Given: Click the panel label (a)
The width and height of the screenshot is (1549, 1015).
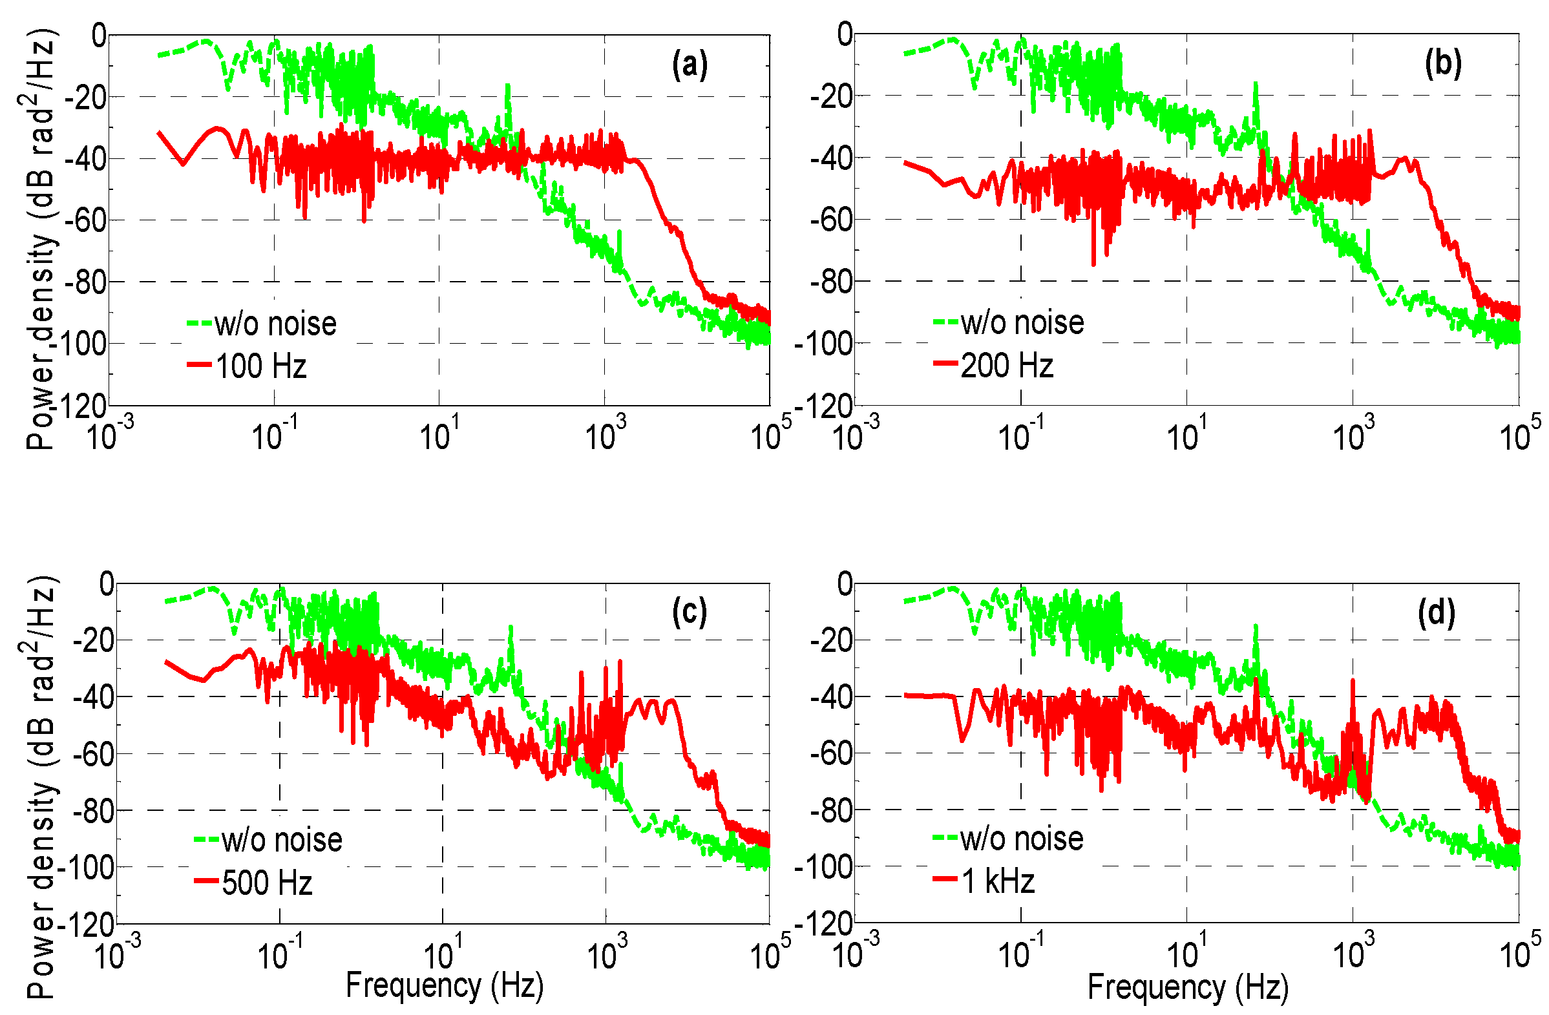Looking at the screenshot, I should [690, 66].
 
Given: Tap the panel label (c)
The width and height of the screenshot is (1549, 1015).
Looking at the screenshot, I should [690, 612].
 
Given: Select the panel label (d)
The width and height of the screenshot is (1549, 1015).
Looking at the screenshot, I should [1436, 614].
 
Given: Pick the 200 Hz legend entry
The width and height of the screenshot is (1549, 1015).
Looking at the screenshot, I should [1006, 366].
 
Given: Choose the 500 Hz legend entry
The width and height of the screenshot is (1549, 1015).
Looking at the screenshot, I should [266, 883].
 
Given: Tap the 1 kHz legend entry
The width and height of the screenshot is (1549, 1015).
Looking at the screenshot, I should [997, 882].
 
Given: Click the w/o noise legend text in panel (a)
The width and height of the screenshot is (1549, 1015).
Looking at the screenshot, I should [275, 324].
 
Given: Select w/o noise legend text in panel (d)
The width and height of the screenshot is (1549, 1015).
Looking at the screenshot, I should [1021, 839].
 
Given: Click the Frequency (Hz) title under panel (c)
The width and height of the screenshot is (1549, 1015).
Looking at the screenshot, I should [445, 985].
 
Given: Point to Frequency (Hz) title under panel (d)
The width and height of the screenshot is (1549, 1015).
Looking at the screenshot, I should [1188, 987].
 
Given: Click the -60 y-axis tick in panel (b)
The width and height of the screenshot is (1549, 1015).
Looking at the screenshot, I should [831, 220].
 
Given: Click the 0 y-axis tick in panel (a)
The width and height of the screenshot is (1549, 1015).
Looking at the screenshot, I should [98, 35].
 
